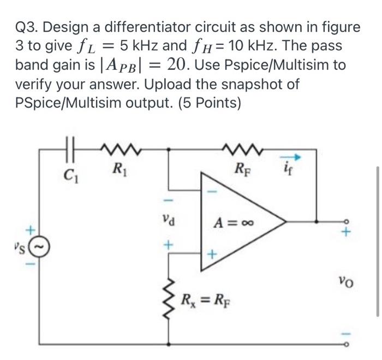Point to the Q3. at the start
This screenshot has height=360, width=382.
coord(28,27)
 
